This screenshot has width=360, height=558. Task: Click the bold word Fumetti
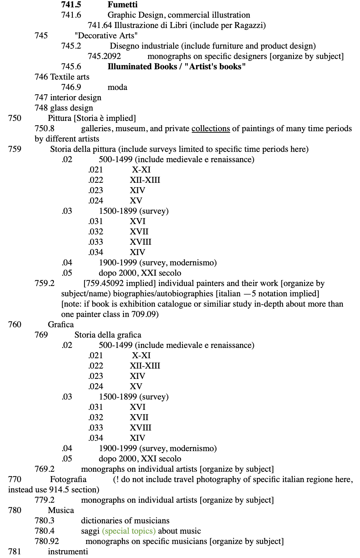pos(122,5)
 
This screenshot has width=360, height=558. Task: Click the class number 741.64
pos(100,25)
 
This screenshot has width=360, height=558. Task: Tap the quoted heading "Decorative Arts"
pos(106,36)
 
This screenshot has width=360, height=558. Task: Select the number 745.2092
pos(104,56)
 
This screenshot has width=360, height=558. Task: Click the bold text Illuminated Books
pos(142,67)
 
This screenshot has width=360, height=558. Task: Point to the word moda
pos(117,87)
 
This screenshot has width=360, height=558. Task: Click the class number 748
pos(41,108)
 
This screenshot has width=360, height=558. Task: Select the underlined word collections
pos(211,129)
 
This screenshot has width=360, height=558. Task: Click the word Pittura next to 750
pos(59,118)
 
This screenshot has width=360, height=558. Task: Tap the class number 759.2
pos(44,283)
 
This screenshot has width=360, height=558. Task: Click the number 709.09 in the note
pos(145,314)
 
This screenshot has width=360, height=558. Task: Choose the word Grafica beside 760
pos(60,325)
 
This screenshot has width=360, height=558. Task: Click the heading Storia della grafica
pos(108,335)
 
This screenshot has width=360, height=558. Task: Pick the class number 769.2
pos(44,469)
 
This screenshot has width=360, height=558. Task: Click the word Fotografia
pos(68,479)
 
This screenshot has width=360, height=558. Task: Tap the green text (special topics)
pos(129,531)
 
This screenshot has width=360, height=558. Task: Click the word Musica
pos(61,510)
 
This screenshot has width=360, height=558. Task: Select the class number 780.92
pos(46,541)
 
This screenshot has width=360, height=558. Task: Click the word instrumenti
pos(68,552)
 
